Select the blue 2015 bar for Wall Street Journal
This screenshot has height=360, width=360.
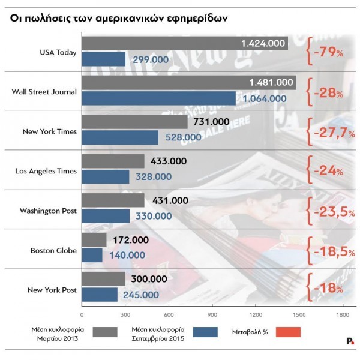pyautogui.click(x=158, y=98)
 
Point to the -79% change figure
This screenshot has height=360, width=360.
pyautogui.click(x=328, y=53)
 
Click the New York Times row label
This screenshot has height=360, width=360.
pyautogui.click(x=50, y=131)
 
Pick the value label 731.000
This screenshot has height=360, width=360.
pyautogui.click(x=212, y=122)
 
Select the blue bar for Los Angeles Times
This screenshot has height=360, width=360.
pyautogui.click(x=105, y=176)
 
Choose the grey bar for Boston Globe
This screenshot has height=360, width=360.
pyautogui.click(x=94, y=240)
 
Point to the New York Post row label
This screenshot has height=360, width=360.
pyautogui.click(x=52, y=290)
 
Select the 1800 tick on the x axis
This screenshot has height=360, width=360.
pyautogui.click(x=343, y=314)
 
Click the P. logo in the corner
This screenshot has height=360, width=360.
pyautogui.click(x=349, y=341)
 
